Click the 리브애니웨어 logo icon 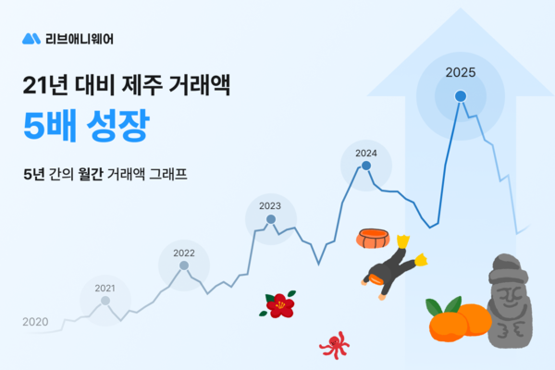(x=31, y=39)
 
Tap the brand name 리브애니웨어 (x=81, y=39)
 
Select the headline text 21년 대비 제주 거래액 (x=125, y=87)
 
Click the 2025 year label (x=460, y=72)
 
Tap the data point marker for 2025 (x=460, y=94)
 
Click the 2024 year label (x=366, y=153)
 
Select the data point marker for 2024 (x=366, y=166)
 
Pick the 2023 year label (x=270, y=205)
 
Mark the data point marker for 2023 (x=271, y=219)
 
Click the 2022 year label (x=183, y=253)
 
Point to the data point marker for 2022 (x=183, y=265)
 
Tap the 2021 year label (x=105, y=288)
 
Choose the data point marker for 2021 (x=105, y=301)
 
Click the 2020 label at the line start (x=34, y=322)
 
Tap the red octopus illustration (x=334, y=345)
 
